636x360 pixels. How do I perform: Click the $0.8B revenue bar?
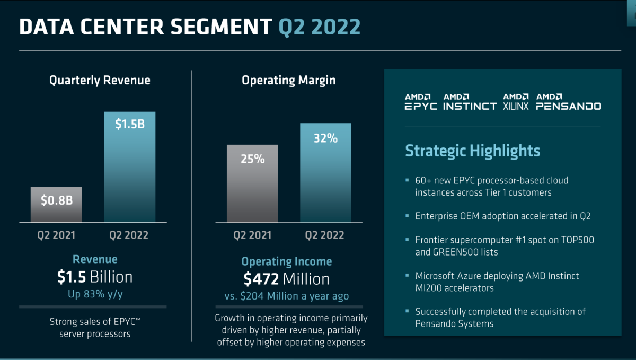56,204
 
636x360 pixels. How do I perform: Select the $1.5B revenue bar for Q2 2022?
130,166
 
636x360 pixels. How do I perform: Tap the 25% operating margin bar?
252,183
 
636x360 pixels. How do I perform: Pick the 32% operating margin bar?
325,172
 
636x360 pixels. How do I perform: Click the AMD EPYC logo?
421,101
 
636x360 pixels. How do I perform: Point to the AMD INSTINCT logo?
470,101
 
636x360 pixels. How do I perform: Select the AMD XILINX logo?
516,101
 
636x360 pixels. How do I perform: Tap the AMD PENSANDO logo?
568,101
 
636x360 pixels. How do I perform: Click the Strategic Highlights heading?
472,151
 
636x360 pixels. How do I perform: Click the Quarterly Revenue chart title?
100,80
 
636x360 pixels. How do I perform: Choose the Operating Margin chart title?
288,80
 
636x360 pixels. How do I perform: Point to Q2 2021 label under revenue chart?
56,235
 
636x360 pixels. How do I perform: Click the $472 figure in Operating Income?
262,279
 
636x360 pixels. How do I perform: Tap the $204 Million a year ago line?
287,296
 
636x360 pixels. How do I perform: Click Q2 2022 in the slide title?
320,27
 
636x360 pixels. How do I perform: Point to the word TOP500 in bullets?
575,240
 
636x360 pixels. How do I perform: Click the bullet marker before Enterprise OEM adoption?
408,216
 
